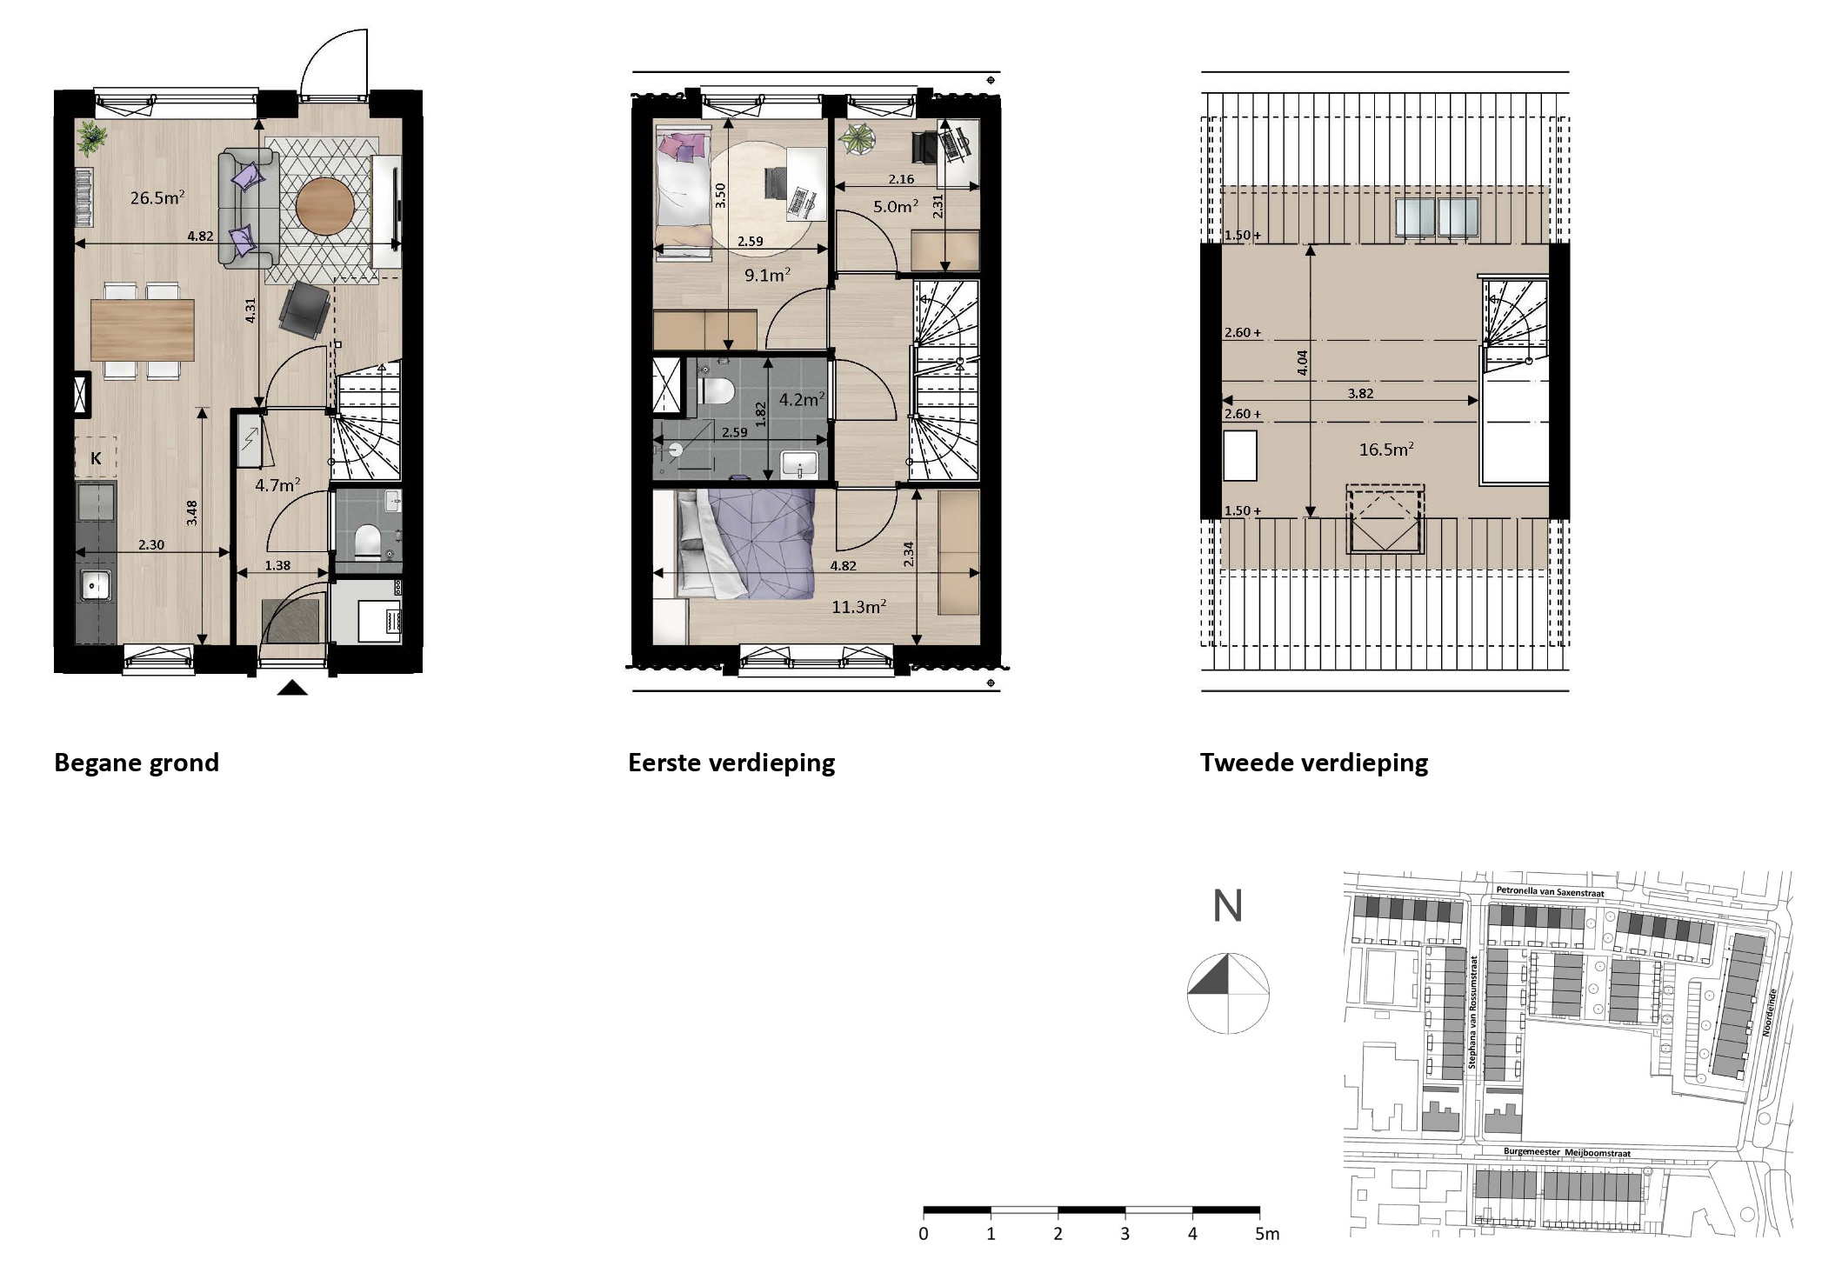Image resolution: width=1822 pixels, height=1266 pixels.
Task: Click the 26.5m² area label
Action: [157, 198]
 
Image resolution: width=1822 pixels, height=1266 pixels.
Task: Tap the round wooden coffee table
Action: [324, 207]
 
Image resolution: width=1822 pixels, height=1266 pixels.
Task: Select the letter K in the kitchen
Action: [96, 458]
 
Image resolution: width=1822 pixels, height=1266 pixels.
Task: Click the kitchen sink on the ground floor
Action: [95, 585]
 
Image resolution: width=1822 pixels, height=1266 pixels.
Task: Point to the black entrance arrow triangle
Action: [292, 689]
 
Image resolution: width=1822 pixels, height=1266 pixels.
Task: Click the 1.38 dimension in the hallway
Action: [277, 565]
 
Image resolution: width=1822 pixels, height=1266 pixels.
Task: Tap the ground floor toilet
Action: [368, 540]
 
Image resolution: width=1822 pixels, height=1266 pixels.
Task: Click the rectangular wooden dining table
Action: [143, 330]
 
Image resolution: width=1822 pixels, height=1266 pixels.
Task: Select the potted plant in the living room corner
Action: [90, 137]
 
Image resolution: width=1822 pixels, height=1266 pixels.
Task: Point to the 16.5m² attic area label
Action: [1385, 450]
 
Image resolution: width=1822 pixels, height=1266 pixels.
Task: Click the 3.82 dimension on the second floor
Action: [1360, 393]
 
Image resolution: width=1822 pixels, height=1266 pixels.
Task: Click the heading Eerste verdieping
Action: [731, 763]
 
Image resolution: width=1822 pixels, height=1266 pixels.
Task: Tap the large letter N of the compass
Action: [1227, 906]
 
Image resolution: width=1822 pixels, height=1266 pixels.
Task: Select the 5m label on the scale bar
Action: [1267, 1234]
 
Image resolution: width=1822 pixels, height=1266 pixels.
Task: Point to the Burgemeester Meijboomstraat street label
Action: [1566, 1152]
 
